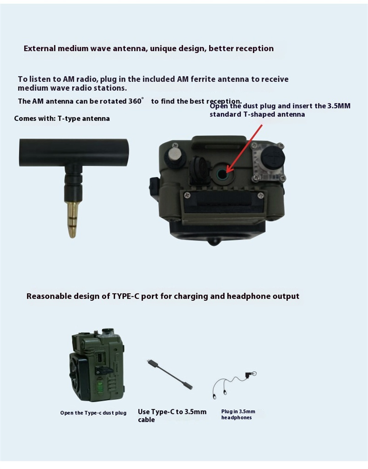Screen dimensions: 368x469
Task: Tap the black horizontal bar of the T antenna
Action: (x=74, y=152)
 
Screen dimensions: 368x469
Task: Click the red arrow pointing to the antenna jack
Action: (x=244, y=149)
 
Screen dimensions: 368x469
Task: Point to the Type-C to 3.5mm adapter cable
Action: (x=169, y=374)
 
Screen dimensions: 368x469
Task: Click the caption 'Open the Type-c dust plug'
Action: (x=93, y=413)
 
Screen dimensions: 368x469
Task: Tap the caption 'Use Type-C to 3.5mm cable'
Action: (x=172, y=415)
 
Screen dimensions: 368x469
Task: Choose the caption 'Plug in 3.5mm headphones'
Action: (x=238, y=414)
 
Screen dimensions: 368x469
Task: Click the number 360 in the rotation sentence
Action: (x=135, y=101)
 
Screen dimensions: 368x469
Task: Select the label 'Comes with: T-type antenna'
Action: (x=62, y=119)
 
